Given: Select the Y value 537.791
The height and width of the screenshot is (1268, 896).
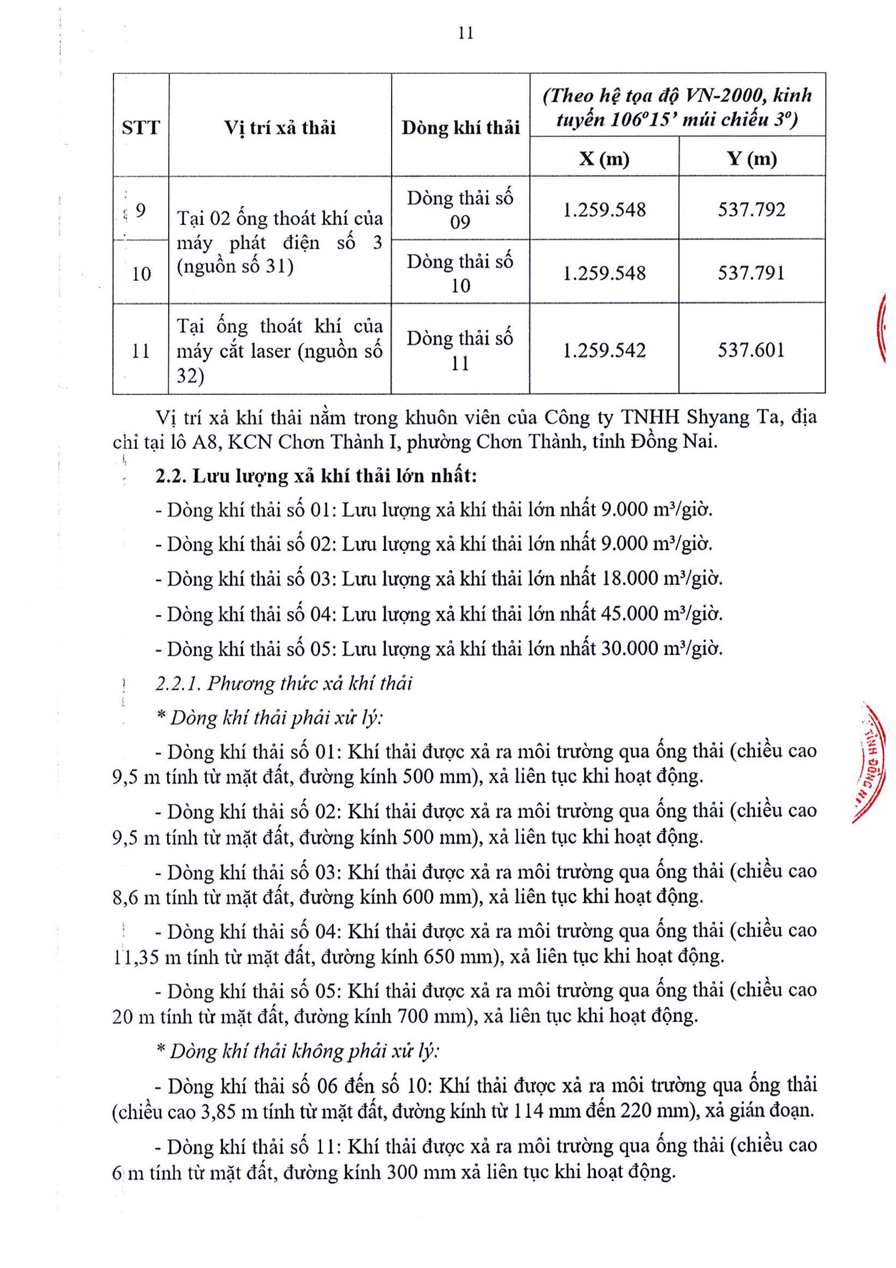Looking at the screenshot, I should [x=751, y=273].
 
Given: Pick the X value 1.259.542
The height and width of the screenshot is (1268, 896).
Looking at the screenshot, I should [x=604, y=350].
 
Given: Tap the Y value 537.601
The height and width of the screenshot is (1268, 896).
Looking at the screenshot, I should [x=751, y=350].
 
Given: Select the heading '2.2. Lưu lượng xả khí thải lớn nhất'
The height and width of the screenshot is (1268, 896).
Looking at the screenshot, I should [x=316, y=476].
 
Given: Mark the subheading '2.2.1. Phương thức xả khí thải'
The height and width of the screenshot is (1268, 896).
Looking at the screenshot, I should [x=284, y=684].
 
